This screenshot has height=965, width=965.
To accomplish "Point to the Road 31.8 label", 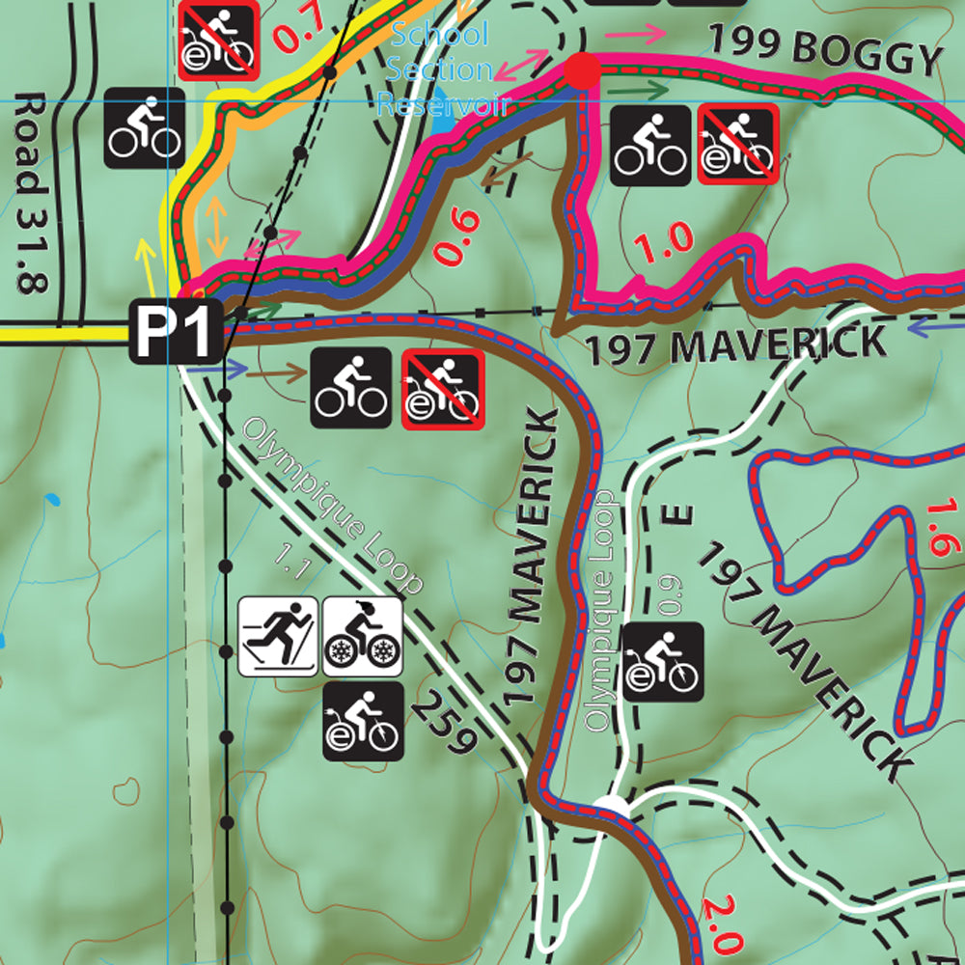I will pos(32,193).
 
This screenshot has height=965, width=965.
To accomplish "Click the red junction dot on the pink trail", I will pos(582,70).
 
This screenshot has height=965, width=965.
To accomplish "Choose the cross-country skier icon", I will pos(278,635).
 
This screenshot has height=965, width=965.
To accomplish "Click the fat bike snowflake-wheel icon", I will pos(362,635).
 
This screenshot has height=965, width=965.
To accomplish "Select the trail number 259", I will pos(445,723).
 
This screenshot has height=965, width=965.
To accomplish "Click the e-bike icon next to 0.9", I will pos(663,662).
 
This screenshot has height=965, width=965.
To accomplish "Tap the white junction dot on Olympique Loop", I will pos(610,803).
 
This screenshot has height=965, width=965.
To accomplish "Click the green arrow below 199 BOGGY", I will pos(646,90).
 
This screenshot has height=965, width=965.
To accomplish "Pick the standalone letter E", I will pos(683,512).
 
